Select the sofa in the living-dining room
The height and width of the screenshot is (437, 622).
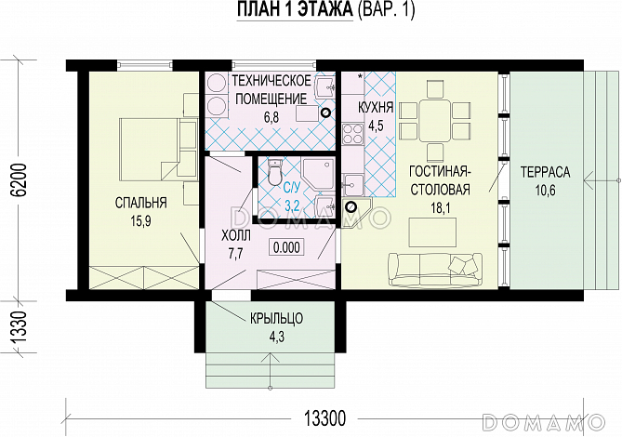click(435, 270)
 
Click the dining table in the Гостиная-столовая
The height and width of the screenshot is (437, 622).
click(434, 120)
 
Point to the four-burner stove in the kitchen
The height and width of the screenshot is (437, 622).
click(353, 133)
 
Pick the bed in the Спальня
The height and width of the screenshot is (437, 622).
click(149, 147)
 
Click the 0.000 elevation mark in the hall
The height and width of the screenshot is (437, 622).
click(286, 247)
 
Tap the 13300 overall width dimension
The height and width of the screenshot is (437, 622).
click(324, 418)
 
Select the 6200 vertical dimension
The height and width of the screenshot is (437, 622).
click(19, 179)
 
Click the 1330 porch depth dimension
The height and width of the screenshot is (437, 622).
click(19, 327)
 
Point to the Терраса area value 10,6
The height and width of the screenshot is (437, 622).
click(546, 191)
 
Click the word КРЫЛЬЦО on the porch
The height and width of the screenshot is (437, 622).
click(276, 318)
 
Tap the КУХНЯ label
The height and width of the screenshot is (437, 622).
click(376, 107)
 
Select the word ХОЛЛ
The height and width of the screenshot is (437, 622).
click(236, 236)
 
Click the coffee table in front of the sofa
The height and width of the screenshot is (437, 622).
click(433, 232)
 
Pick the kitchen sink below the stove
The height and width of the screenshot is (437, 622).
click(352, 186)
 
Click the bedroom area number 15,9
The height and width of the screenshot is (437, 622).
click(140, 221)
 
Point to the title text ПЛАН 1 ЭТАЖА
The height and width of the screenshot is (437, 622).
click(295, 10)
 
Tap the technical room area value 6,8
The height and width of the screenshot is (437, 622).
click(271, 118)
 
